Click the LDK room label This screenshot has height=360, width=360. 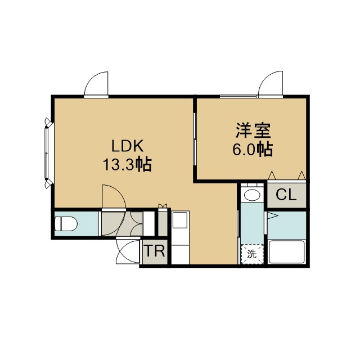pos(128,146)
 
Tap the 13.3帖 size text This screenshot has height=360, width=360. pos(128,164)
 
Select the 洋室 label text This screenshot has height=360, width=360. pos(253,130)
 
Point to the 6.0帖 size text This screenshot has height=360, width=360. pos(253,150)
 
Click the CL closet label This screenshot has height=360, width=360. pos(286,195)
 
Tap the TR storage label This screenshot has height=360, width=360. pos(155,251)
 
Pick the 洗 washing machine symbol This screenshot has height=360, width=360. pos(252,254)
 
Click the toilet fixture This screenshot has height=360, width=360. pos(66,223)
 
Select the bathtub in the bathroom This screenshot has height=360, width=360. pos(287,252)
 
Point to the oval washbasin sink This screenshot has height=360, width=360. pos(252,195)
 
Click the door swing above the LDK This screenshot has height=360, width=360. pos(96,84)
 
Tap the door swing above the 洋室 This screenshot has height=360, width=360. pos(271,83)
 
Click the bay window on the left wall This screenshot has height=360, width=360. pos(48,153)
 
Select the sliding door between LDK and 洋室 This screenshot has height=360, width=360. pos(195,139)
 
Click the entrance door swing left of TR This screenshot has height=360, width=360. pos(128,251)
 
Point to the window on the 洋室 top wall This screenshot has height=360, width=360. pos(238,96)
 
